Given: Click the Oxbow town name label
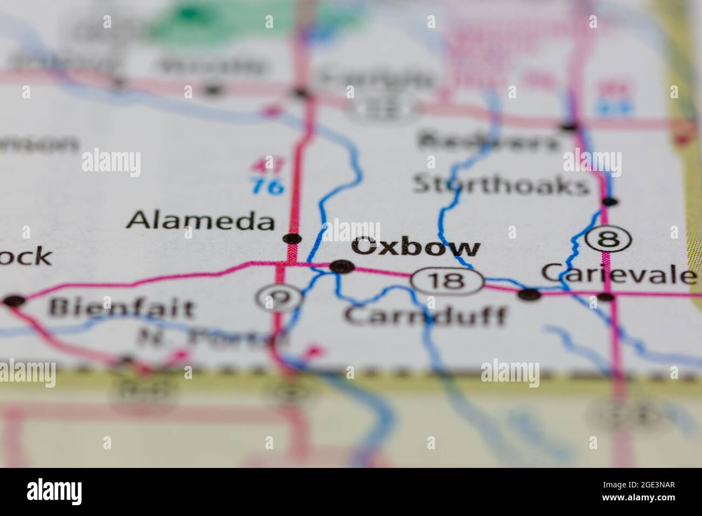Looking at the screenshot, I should pos(415,248).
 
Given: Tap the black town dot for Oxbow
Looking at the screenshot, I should pos(342,266).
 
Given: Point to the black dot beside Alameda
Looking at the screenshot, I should pos(292,239).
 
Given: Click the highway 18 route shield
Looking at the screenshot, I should pos(447,281).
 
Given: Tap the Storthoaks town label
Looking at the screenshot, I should pos(500,185).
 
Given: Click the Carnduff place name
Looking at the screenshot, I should pos(427,315).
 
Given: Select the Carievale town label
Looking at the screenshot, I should pos(618,274).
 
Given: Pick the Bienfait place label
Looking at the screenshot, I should pos(122,309).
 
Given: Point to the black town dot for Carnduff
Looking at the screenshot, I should pos(529,295).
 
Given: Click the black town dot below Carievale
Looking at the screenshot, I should pos(606,296).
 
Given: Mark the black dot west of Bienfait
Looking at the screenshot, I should pos(14,301).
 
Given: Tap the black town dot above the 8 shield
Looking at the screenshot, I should pos(610,202).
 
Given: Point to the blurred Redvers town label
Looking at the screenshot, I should pos(489,141).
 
